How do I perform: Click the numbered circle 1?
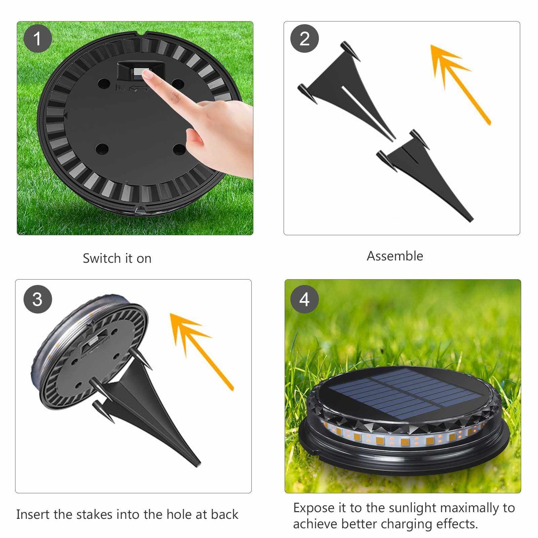tap(37, 38)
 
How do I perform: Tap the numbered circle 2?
tap(304, 38)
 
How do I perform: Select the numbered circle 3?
tap(38, 299)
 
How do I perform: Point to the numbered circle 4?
tap(304, 299)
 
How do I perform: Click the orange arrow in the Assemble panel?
tap(460, 84)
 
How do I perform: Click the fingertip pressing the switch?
tap(147, 75)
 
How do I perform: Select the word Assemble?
tap(395, 256)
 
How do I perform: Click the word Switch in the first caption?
tap(102, 258)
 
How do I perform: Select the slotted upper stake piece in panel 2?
tap(346, 89)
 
